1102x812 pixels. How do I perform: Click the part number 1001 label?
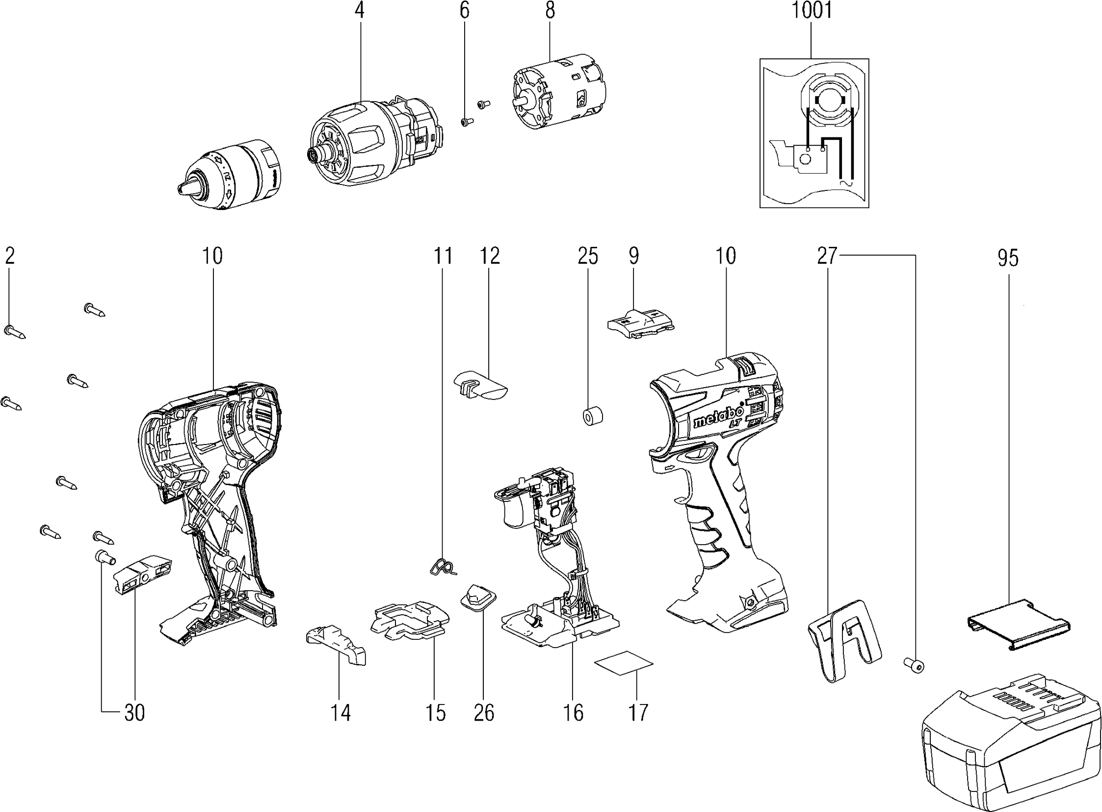click(x=812, y=11)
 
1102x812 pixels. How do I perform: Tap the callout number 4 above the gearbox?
click(x=360, y=11)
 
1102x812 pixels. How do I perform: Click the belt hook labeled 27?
click(x=844, y=639)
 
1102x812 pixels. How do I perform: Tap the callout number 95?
click(x=1008, y=258)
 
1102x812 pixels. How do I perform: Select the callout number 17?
click(x=638, y=712)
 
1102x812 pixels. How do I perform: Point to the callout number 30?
click(x=134, y=712)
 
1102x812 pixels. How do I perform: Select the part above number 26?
click(x=478, y=598)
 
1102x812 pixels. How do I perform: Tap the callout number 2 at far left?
click(x=10, y=256)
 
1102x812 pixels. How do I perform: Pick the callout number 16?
click(x=573, y=712)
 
